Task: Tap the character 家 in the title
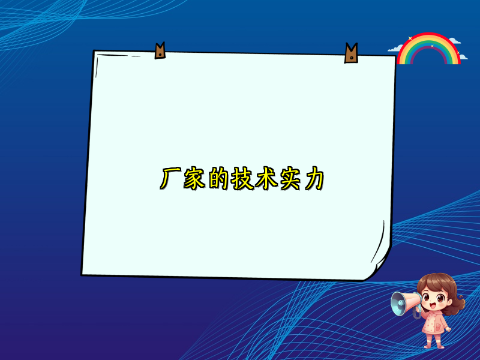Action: tap(194, 179)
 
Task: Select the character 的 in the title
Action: tap(218, 179)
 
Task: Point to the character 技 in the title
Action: tap(242, 179)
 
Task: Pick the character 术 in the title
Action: tap(265, 179)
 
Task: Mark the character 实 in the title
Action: tap(289, 179)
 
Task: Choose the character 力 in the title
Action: tap(313, 179)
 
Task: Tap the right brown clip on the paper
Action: tap(351, 53)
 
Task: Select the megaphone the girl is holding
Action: tap(403, 302)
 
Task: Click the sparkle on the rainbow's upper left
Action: tap(410, 38)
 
